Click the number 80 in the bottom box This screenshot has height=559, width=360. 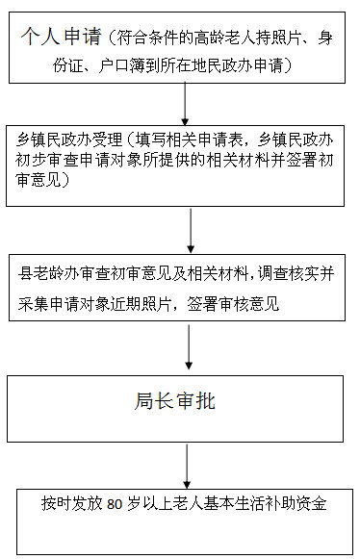[115, 504]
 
